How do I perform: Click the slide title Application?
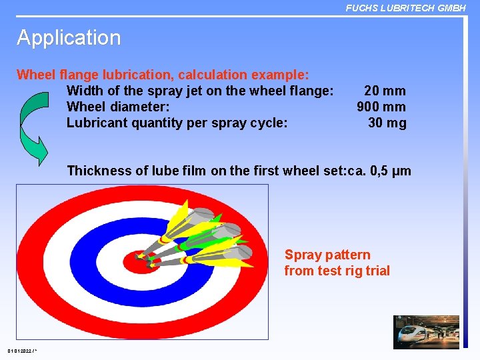pyautogui.click(x=69, y=38)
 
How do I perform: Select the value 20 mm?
pyautogui.click(x=385, y=91)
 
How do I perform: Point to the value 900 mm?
pyautogui.click(x=381, y=107)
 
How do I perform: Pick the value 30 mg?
pyautogui.click(x=387, y=123)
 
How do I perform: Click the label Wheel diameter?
pyautogui.click(x=118, y=107)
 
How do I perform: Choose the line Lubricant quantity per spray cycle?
pyautogui.click(x=177, y=123)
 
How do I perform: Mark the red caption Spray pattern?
pyautogui.click(x=327, y=255)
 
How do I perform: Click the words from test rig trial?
pyautogui.click(x=337, y=271)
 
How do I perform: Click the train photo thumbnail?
pyautogui.click(x=426, y=332)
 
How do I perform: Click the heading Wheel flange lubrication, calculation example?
pyautogui.click(x=162, y=75)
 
